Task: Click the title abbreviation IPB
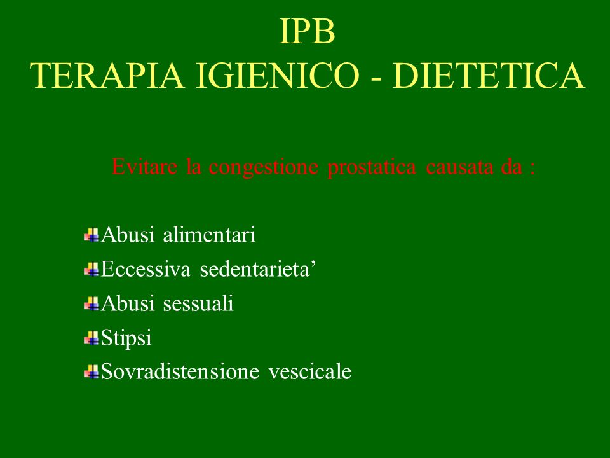click(308, 32)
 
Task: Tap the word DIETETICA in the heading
click(488, 76)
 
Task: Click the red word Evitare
click(144, 167)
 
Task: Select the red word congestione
click(263, 168)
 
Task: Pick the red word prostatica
click(372, 168)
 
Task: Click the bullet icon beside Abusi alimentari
click(91, 235)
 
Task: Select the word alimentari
click(209, 235)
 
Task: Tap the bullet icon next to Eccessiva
click(91, 270)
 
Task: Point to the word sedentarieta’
click(257, 269)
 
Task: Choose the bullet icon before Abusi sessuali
click(91, 304)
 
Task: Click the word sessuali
click(198, 303)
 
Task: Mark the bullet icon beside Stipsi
click(91, 338)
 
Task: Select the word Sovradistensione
click(180, 371)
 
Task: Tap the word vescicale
click(309, 371)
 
